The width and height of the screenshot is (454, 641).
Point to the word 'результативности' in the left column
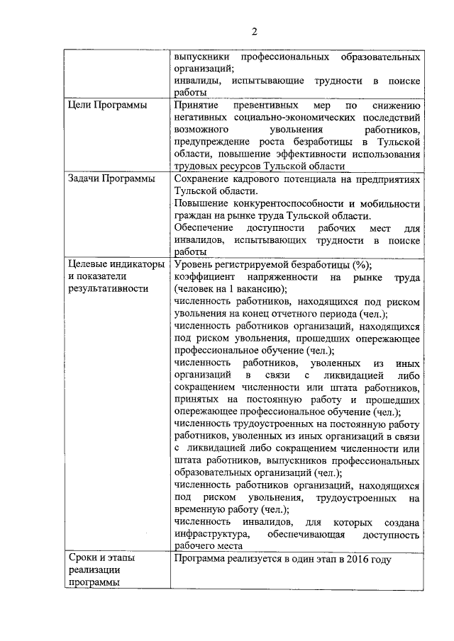[x=109, y=288]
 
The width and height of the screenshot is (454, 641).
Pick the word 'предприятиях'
[x=389, y=179]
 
